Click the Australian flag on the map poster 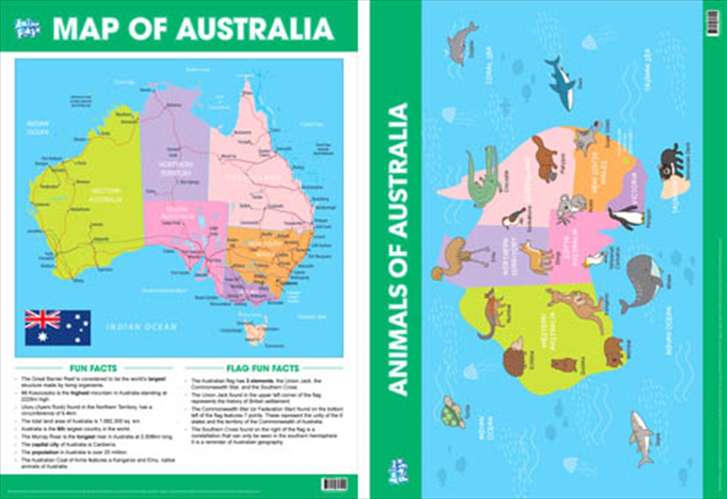pos(57,327)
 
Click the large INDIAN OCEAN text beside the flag pos(141,326)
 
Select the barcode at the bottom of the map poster pos(335,484)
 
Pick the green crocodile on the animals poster pos(484,177)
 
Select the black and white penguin pos(627,216)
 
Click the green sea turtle pos(453,412)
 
